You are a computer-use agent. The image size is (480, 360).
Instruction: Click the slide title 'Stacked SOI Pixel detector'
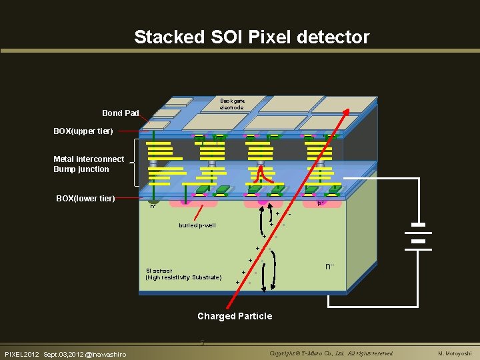pos(251,37)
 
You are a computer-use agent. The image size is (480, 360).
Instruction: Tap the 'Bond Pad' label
pos(120,113)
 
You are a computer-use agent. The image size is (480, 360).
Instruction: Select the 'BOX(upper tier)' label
pos(83,131)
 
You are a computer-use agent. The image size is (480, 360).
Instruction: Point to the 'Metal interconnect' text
pos(89,159)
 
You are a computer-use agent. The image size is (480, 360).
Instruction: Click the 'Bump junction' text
pos(81,169)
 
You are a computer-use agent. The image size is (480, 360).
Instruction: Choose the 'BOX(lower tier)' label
pos(85,199)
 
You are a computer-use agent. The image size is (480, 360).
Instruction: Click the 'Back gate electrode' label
pos(233,104)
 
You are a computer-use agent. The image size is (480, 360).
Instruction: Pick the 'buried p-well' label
pos(197,225)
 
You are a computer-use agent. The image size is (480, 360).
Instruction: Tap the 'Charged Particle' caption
pos(235,316)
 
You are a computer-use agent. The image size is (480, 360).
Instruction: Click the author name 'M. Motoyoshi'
pos(455,353)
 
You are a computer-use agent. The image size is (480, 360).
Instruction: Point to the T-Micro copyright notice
pos(331,353)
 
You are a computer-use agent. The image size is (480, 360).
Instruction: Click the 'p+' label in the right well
pos(320,203)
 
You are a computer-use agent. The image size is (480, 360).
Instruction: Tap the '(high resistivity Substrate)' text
pos(183,277)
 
